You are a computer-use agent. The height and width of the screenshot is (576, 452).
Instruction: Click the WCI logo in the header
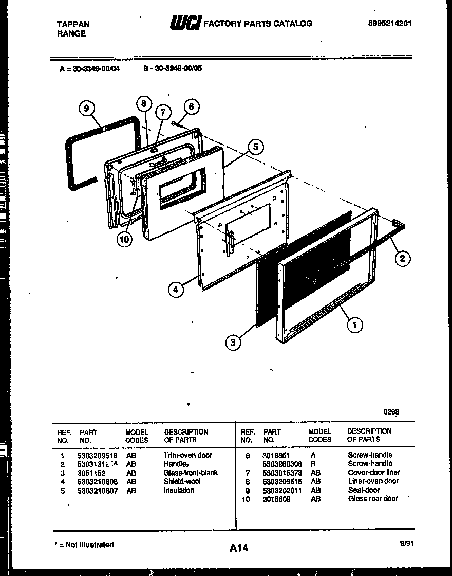(185, 23)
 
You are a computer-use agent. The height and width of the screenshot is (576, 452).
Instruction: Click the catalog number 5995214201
(390, 24)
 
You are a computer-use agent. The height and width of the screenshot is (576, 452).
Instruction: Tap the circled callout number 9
(87, 108)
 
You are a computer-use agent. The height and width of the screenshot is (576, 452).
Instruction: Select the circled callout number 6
(191, 106)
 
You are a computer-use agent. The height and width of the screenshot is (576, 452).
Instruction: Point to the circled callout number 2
(402, 259)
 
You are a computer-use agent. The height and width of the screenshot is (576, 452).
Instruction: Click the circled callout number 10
(124, 239)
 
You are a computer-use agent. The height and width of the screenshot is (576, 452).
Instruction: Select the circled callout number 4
(176, 290)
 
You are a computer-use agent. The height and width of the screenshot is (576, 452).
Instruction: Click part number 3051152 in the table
(91, 473)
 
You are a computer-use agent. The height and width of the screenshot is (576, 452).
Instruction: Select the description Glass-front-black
(191, 473)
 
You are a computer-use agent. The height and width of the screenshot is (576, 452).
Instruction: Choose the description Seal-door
(364, 490)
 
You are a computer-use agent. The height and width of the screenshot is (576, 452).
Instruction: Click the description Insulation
(179, 491)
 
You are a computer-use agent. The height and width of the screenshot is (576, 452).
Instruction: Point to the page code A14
(239, 548)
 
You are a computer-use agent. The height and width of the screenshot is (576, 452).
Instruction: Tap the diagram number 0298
(391, 411)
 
